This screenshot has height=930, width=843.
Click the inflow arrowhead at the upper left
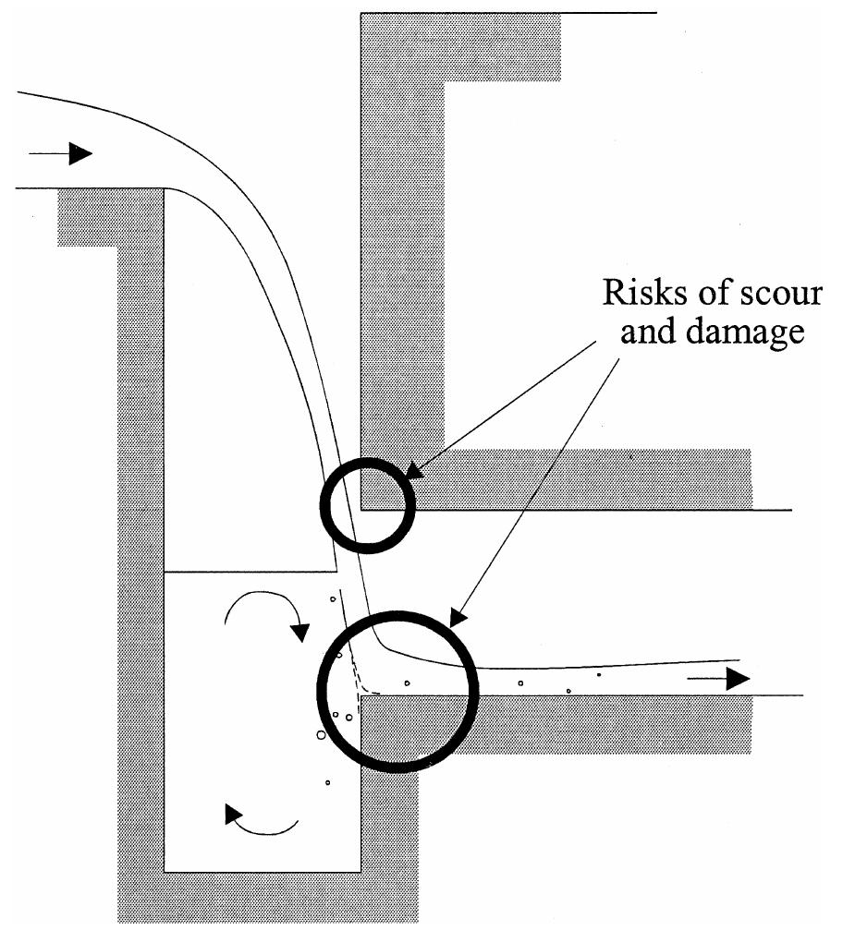tap(81, 153)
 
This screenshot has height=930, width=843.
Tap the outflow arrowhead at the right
tap(737, 679)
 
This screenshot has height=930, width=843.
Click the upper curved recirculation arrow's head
tap(299, 633)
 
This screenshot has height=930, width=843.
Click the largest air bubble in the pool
tap(322, 735)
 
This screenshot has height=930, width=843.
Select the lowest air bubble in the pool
tap(328, 783)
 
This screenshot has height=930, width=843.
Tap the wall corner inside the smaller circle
tap(360, 509)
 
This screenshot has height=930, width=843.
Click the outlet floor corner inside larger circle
tap(360, 695)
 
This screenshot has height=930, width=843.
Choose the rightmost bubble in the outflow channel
tap(599, 675)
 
